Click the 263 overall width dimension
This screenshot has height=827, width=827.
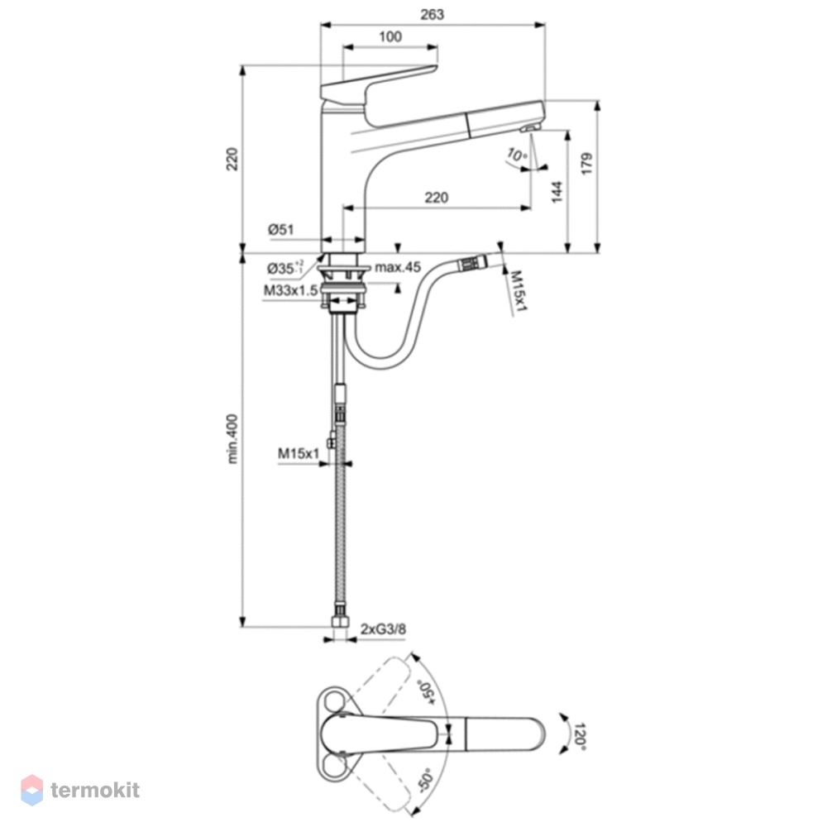[x=432, y=15]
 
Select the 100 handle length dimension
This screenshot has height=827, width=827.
[x=390, y=37]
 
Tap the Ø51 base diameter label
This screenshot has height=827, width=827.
[x=280, y=229]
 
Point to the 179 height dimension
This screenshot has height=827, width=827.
[x=586, y=164]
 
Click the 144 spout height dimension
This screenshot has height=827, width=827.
[x=557, y=192]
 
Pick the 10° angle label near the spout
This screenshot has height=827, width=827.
[x=517, y=155]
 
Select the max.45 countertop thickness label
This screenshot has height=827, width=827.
[x=398, y=267]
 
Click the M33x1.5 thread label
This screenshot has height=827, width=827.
[x=290, y=290]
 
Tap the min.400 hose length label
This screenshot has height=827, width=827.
[x=232, y=439]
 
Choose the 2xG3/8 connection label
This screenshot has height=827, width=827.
[x=384, y=629]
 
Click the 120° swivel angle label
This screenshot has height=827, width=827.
[x=580, y=737]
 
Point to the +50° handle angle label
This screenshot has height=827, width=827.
[x=426, y=691]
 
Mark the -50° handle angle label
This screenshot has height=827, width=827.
[x=425, y=781]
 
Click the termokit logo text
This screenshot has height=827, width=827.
[x=95, y=790]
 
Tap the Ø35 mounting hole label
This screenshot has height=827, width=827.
[x=285, y=268]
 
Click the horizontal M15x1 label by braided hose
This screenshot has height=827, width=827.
[x=299, y=453]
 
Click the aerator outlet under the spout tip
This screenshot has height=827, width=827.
[x=529, y=127]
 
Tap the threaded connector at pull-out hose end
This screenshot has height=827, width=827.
[x=472, y=263]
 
